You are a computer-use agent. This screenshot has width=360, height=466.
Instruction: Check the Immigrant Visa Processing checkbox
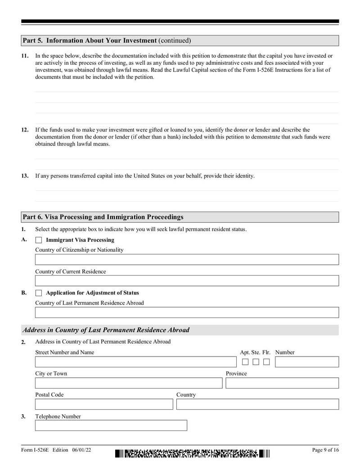click(39, 240)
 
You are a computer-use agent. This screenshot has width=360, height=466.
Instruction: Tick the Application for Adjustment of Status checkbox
click(39, 293)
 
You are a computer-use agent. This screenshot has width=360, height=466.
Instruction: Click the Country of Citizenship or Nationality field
click(187, 259)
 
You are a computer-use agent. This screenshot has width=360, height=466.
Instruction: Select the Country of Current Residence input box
click(187, 281)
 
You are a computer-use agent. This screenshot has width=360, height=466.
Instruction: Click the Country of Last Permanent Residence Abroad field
click(187, 312)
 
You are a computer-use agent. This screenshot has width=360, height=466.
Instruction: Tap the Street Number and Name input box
click(135, 362)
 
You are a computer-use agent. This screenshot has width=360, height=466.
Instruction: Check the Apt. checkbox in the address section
click(245, 362)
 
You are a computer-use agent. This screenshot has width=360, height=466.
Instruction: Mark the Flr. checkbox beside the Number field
click(267, 362)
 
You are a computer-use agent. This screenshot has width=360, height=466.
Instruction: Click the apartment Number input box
click(306, 362)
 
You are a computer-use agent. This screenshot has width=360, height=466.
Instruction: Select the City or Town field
click(129, 383)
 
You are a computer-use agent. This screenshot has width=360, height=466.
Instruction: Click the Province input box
click(282, 383)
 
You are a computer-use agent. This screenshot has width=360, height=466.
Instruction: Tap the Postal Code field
click(104, 404)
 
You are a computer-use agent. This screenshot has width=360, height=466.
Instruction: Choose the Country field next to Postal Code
click(257, 404)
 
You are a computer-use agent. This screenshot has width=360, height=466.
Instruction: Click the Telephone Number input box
click(111, 425)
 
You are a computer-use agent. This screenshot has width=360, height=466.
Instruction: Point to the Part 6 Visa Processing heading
click(103, 217)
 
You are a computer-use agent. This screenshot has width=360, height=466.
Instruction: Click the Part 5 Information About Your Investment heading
click(107, 41)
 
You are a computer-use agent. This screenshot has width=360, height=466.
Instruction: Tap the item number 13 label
click(25, 176)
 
